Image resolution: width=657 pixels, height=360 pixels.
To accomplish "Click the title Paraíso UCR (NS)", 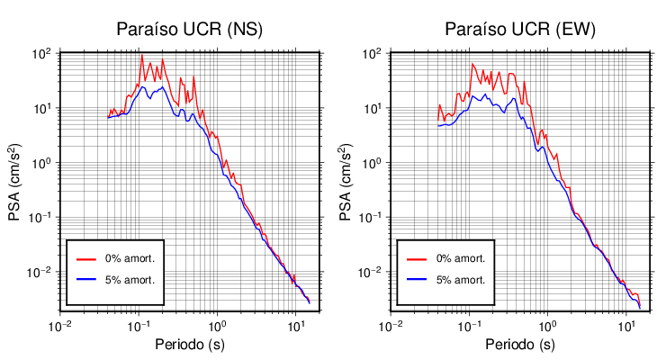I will [189, 30].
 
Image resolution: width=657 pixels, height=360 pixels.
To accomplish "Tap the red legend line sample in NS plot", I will [86, 258].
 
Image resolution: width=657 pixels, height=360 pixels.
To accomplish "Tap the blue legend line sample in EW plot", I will [417, 280].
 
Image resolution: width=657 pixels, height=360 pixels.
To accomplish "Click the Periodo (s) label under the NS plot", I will [190, 345].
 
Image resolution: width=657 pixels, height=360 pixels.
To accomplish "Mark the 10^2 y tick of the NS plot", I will [41, 53].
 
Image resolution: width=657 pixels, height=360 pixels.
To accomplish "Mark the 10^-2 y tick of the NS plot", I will [40, 272].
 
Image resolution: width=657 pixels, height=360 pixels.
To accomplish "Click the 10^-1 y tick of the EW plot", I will [370, 217].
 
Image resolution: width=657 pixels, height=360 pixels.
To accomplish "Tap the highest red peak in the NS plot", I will [142, 56].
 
